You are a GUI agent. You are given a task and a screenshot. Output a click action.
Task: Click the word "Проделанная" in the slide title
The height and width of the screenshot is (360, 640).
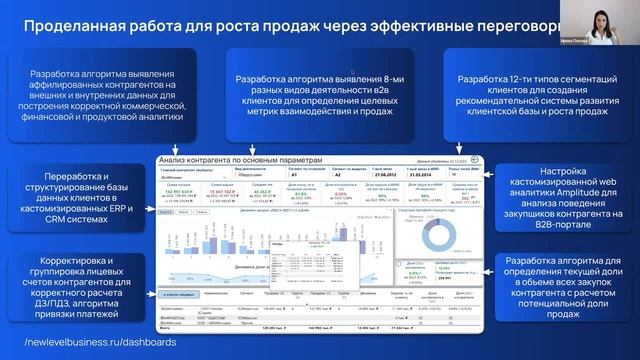(x=75, y=27)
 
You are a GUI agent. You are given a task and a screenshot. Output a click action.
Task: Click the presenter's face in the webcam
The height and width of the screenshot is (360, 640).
(x=606, y=19)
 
